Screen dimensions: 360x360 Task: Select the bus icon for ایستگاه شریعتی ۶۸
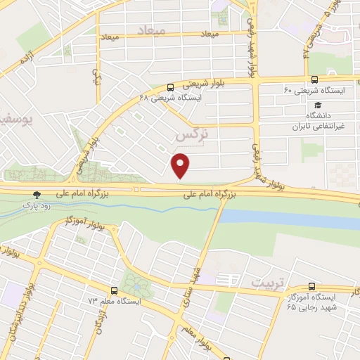point(171,88)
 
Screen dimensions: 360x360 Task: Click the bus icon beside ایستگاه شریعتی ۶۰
point(313,79)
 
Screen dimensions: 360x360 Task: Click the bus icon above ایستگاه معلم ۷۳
point(115,290)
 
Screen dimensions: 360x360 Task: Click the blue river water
point(309,222)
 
